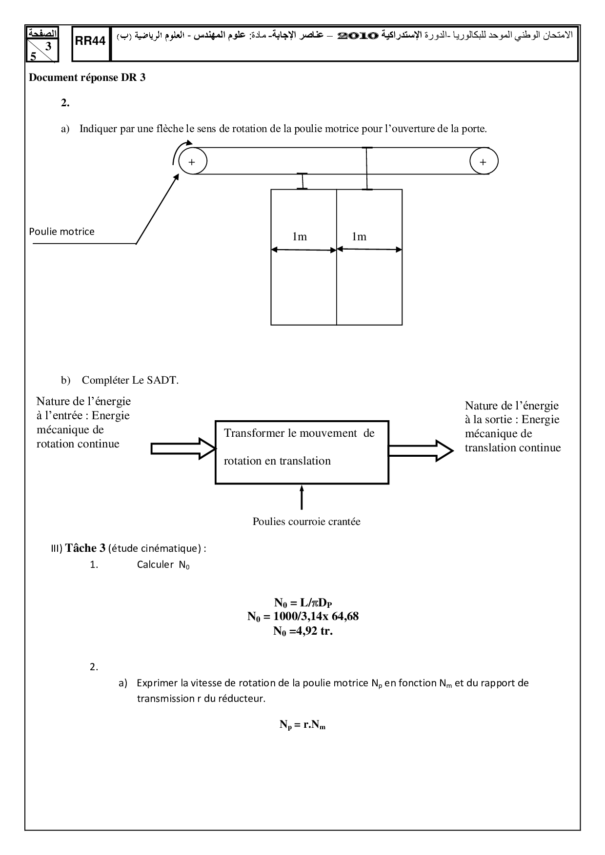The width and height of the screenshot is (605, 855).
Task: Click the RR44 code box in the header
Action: (x=91, y=42)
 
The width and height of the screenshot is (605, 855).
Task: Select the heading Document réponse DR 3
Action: (x=87, y=77)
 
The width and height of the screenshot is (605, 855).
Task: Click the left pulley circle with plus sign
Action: (x=192, y=161)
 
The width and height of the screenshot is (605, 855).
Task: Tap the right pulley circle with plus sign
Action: (x=484, y=161)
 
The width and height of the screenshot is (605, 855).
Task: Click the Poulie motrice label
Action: (x=61, y=232)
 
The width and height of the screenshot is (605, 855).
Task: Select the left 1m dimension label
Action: (x=300, y=237)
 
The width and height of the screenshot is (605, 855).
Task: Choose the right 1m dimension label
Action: (x=359, y=237)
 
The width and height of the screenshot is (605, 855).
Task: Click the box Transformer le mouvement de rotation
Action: (x=302, y=452)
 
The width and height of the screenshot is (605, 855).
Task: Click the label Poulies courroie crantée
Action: (x=306, y=522)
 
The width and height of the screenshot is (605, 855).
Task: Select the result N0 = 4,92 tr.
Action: (x=303, y=631)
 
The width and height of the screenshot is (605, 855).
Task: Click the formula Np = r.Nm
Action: (x=302, y=725)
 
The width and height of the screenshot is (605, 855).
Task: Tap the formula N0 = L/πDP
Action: (x=303, y=602)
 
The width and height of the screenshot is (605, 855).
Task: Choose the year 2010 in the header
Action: (x=358, y=36)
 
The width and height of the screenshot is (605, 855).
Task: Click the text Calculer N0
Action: (x=163, y=565)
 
